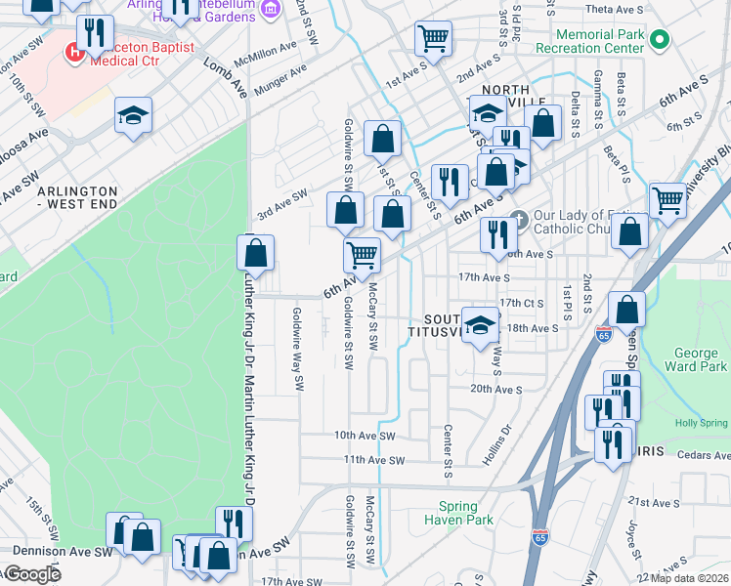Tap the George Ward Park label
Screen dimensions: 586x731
click(701, 359)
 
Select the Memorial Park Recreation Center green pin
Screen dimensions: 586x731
click(660, 40)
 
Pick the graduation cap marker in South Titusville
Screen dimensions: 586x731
click(480, 326)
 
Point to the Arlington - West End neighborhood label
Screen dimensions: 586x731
click(77, 197)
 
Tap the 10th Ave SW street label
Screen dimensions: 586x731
click(364, 435)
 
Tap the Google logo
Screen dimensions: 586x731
click(31, 574)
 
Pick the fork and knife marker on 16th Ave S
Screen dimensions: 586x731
click(498, 234)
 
